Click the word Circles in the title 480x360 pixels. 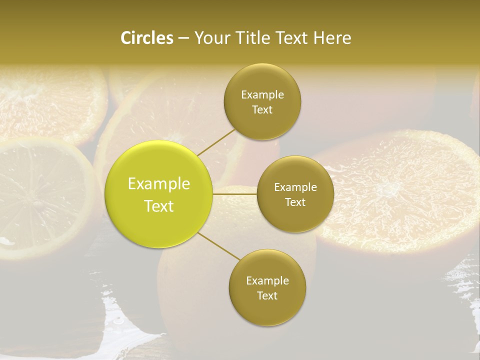(x=147, y=38)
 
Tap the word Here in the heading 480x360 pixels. (x=331, y=38)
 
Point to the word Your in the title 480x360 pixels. (x=210, y=38)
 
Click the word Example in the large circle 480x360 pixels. (x=159, y=184)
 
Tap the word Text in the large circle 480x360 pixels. (x=159, y=206)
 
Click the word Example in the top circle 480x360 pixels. (x=262, y=95)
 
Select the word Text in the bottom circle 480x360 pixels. (x=267, y=295)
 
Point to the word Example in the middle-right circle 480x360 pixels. (x=295, y=187)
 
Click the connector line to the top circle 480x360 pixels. (x=216, y=142)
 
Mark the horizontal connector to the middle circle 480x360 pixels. (x=235, y=194)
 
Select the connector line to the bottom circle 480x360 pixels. (x=218, y=246)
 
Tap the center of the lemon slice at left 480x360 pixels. (x=37, y=200)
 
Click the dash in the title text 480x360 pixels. (x=183, y=38)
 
